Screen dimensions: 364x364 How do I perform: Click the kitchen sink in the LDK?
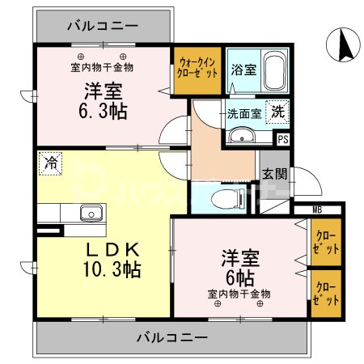click(90, 214)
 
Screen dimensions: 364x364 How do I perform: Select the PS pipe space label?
click(282, 139)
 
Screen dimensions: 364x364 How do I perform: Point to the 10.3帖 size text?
click(112, 269)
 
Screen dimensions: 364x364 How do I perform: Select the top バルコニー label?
click(103, 23)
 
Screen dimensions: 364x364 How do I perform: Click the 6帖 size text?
click(240, 276)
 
